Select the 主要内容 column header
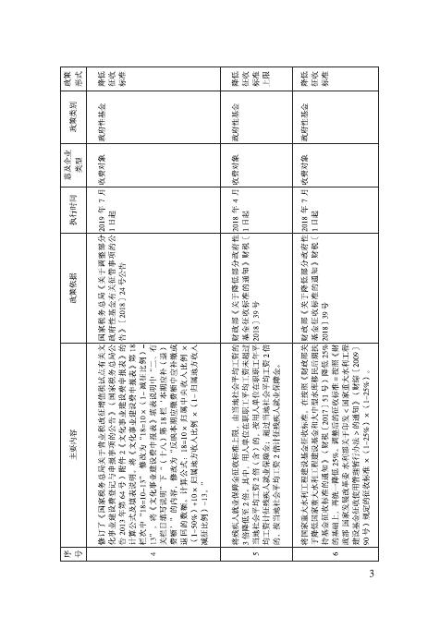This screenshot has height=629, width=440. tap(67, 420)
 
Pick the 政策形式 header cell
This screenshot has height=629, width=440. tap(67, 79)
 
